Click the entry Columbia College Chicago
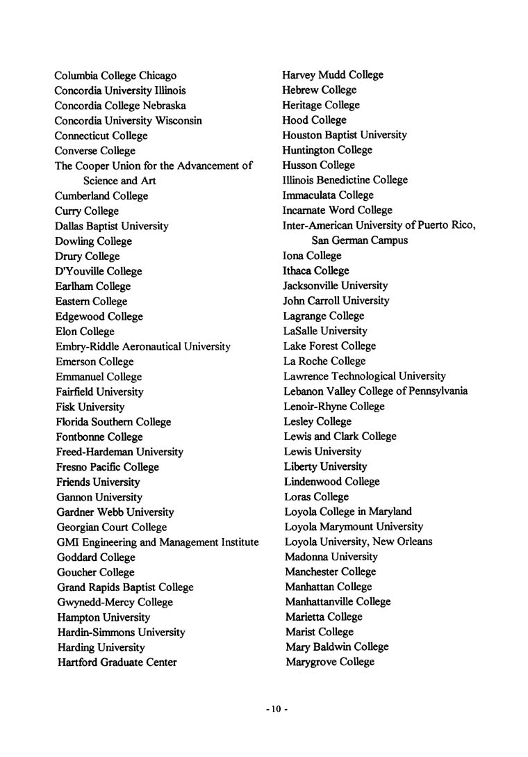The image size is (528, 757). [x=115, y=75]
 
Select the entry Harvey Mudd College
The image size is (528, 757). [x=332, y=74]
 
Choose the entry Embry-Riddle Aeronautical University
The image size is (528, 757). [x=142, y=346]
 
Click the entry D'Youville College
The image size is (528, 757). [x=98, y=271]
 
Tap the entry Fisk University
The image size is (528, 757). [x=90, y=407]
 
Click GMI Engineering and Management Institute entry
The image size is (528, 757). [x=157, y=542]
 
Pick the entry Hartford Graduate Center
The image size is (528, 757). [x=116, y=662]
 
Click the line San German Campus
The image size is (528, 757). [x=359, y=241]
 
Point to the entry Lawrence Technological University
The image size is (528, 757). [x=364, y=376]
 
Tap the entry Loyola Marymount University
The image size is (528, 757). [x=354, y=527]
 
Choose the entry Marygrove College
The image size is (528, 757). [x=329, y=662]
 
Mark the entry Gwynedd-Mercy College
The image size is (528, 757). [x=115, y=602]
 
